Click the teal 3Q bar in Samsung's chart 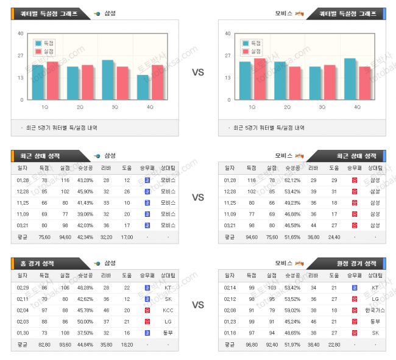tap(107, 80)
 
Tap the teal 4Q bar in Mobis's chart tap(350, 79)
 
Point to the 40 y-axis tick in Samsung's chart tap(21, 34)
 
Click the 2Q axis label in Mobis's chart tap(287, 107)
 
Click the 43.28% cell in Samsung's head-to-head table tap(85, 180)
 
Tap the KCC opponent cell tap(168, 310)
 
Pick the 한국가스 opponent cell tap(375, 310)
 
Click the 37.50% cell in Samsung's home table tap(85, 333)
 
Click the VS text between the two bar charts tap(198, 72)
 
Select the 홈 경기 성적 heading tap(38, 263)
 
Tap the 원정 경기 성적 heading tap(356, 263)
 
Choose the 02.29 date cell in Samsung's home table tap(23, 288)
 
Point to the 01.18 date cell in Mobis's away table tap(230, 333)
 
